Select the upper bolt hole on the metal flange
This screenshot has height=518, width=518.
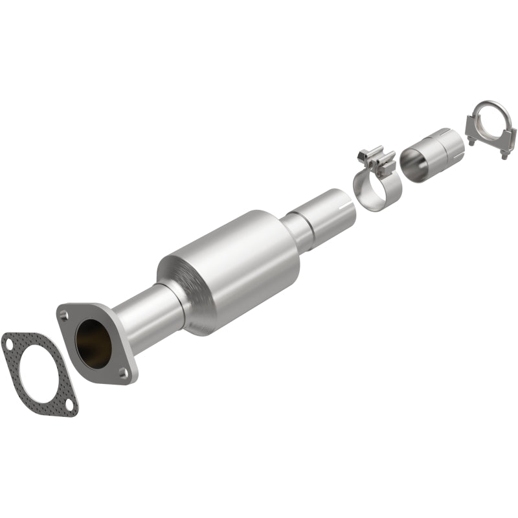click(63, 315)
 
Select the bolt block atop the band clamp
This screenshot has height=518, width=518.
click(376, 159)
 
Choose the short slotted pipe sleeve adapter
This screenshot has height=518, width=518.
click(433, 150)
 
